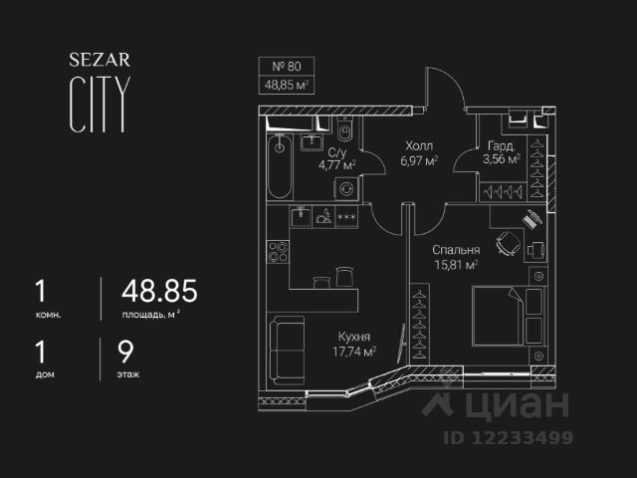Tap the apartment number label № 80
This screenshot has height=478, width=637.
point(287,67)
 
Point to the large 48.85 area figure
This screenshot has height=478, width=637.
point(159,292)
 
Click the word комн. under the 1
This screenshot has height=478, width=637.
point(48,315)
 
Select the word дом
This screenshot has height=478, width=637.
point(44,375)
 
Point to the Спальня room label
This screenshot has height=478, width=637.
point(457,250)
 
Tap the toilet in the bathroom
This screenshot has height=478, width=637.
point(345,130)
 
